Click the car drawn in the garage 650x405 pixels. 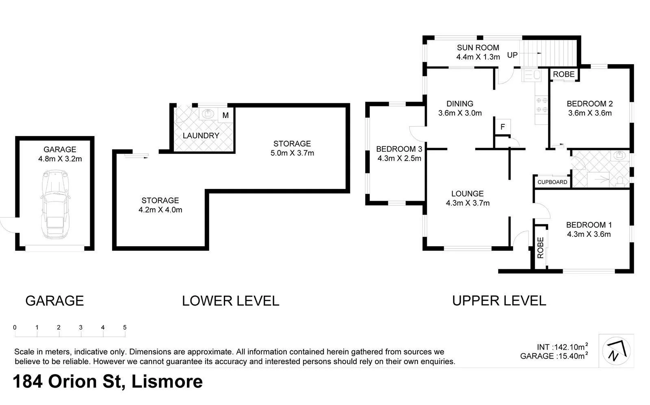click(54, 205)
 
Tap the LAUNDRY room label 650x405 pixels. click(201, 136)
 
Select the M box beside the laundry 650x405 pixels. click(225, 115)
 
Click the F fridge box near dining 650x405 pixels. click(503, 127)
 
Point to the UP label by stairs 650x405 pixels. click(512, 55)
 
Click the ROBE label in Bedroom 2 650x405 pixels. click(564, 74)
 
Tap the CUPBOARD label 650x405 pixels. click(552, 182)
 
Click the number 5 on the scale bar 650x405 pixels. click(125, 327)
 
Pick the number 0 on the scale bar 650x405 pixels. click(15, 327)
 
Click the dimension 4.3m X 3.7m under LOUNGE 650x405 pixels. click(468, 203)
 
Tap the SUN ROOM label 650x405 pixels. click(478, 48)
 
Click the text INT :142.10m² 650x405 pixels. click(562, 347)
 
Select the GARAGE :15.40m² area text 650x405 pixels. click(554, 356)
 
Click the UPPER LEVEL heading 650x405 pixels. click(499, 301)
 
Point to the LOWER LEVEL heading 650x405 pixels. click(230, 301)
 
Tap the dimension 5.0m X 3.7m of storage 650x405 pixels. click(292, 153)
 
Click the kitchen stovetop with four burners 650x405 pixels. click(542, 104)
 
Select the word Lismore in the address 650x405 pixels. click(167, 382)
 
